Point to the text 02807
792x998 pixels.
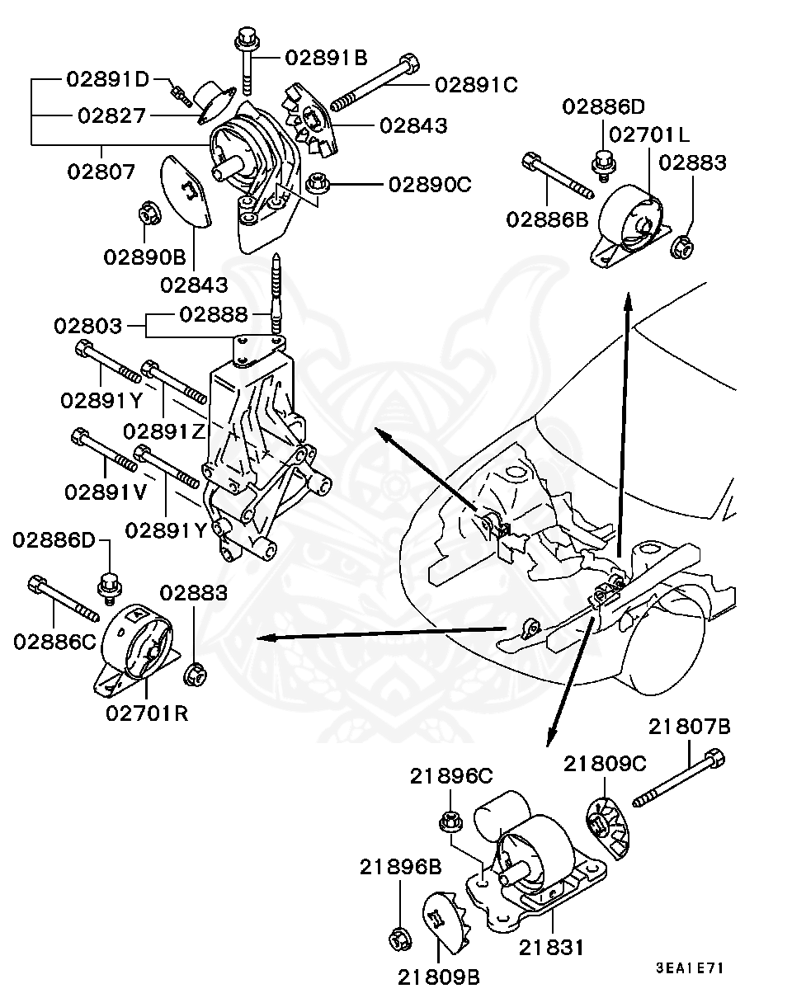[101, 172]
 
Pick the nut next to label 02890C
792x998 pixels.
[317, 182]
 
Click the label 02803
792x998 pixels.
[88, 325]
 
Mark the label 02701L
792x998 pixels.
[649, 134]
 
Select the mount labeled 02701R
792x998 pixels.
[141, 648]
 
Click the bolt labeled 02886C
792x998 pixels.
[63, 599]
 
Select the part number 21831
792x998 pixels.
[551, 948]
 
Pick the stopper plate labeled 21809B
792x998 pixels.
[445, 925]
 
